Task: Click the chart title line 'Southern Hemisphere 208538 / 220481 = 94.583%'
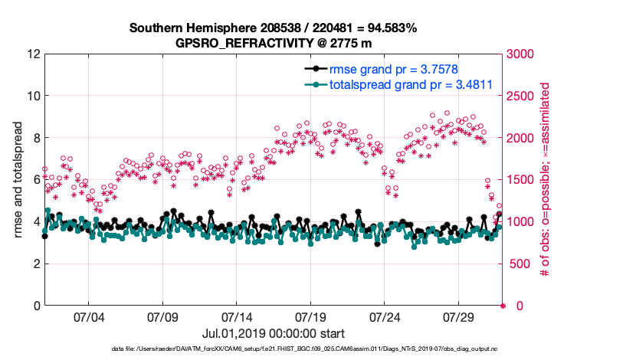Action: point(273,28)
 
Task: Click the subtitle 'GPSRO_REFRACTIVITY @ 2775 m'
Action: point(273,43)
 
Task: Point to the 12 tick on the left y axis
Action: point(32,54)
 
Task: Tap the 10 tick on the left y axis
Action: point(32,97)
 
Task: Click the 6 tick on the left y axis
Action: point(35,180)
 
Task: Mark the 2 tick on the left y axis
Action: point(35,263)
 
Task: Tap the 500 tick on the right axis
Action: point(520,263)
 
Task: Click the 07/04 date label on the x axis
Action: point(88,316)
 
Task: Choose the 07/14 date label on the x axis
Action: point(236,316)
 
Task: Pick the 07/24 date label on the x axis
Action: point(385,316)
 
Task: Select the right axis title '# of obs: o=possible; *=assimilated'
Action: point(546,180)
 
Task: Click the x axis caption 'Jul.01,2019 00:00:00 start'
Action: point(273,333)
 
